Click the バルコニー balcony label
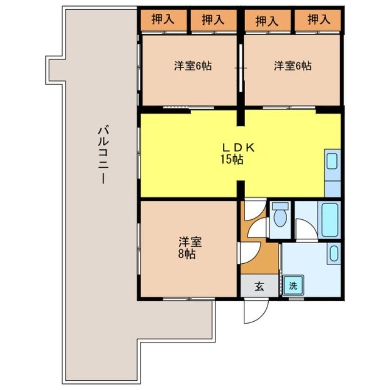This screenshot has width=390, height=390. click(102, 155)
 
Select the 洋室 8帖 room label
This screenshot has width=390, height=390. click(187, 248)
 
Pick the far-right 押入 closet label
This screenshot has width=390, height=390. click(319, 20)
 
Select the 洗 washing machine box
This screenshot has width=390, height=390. click(292, 286)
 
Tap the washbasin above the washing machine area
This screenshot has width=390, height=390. click(333, 254)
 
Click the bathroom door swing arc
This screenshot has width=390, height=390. click(306, 229)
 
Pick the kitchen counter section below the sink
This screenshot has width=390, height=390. click(332, 187)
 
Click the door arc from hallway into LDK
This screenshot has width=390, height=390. click(253, 210)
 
